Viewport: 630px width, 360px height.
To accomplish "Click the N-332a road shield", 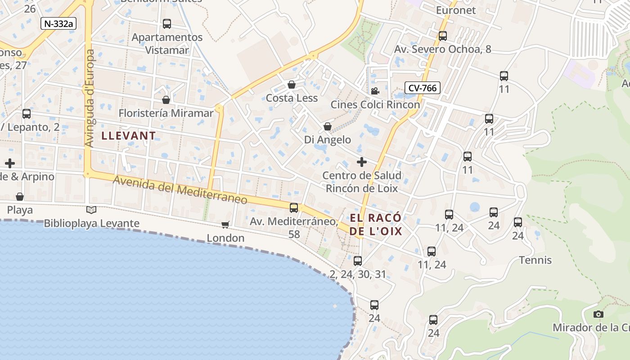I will [58, 23].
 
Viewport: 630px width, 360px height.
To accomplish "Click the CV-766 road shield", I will [422, 88].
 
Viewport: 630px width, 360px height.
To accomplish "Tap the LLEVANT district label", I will [129, 135].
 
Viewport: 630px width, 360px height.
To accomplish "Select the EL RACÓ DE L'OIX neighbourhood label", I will [376, 225].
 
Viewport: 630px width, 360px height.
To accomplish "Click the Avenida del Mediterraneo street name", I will [180, 189].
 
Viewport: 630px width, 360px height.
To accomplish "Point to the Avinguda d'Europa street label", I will [90, 98].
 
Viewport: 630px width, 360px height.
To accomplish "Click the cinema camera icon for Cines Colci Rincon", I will [375, 91].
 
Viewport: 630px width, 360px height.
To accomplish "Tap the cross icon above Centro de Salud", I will [361, 162].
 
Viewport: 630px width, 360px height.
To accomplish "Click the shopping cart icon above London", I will [225, 225].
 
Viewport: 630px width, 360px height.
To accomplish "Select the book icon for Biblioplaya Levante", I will [91, 210].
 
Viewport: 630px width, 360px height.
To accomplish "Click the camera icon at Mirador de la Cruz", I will [598, 314].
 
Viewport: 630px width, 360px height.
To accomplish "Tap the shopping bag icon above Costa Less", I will [292, 85].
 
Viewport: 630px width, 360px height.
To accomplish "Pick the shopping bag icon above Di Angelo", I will [328, 127].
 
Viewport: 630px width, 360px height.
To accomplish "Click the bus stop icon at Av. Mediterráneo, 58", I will [294, 207].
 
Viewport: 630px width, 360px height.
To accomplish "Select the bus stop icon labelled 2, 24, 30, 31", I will [358, 261].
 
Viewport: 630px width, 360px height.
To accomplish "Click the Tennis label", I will [535, 260].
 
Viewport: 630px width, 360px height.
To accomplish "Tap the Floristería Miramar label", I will [166, 113].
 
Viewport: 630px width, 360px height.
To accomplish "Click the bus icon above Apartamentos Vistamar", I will [167, 24].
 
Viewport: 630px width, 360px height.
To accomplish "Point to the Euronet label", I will [456, 10].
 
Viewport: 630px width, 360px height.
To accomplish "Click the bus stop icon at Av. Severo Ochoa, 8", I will [443, 36].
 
